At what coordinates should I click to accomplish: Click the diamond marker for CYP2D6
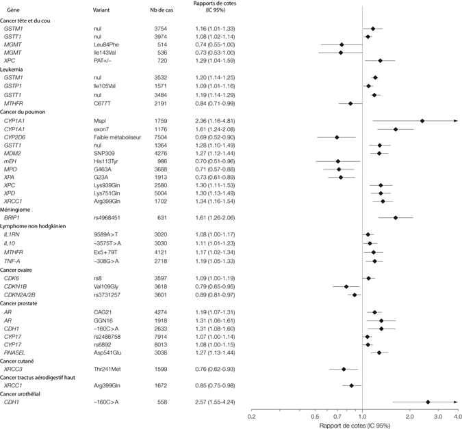click(x=337, y=137)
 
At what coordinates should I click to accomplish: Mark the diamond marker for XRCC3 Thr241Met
click(x=344, y=369)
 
